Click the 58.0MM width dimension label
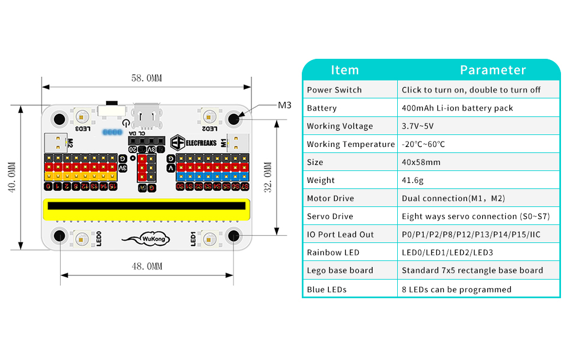tap(146, 79)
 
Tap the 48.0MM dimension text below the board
tap(146, 266)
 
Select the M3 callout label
tap(284, 105)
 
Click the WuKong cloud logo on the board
tap(146, 239)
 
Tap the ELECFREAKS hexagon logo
tap(178, 142)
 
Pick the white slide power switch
tap(112, 110)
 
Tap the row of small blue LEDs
tap(112, 131)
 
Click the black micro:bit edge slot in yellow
tap(147, 206)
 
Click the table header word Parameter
tap(493, 70)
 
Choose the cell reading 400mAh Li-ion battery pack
tap(457, 108)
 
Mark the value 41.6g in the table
tap(413, 180)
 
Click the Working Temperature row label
tap(350, 144)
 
